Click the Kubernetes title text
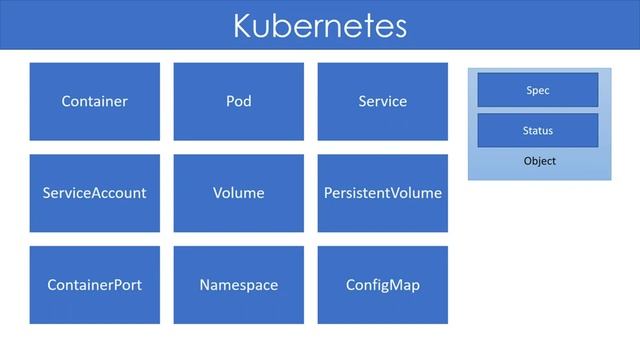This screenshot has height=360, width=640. tap(320, 25)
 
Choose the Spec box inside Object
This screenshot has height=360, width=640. tap(538, 90)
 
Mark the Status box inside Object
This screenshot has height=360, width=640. tap(538, 130)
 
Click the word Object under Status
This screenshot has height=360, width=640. tap(539, 161)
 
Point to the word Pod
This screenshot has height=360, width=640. tap(238, 101)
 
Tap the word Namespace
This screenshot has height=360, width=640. tap(238, 285)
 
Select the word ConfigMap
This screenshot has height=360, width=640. tap(382, 285)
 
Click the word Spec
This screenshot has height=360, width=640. tap(538, 91)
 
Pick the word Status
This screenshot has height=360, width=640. tap(538, 131)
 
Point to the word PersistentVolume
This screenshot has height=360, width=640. tap(382, 193)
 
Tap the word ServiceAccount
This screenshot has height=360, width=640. tap(94, 193)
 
